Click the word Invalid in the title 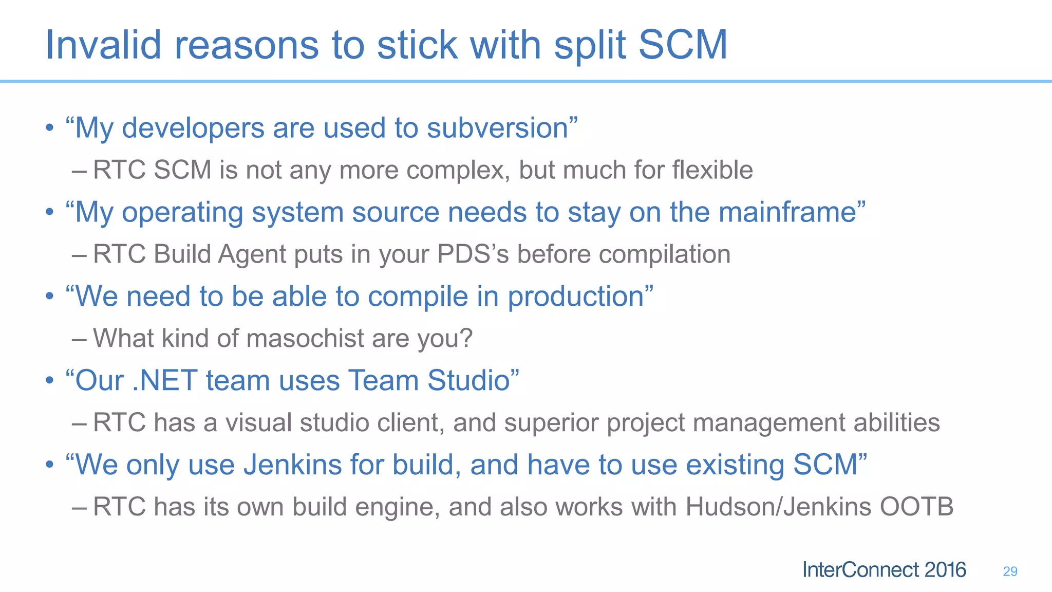(103, 45)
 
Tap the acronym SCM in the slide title (683, 45)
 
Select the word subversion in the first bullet (498, 128)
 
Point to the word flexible (712, 170)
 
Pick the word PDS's (473, 254)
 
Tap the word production (576, 297)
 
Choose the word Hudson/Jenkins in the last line (778, 507)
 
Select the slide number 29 (1010, 571)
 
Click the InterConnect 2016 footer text (884, 570)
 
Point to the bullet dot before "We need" (49, 297)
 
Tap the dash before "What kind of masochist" (80, 339)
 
